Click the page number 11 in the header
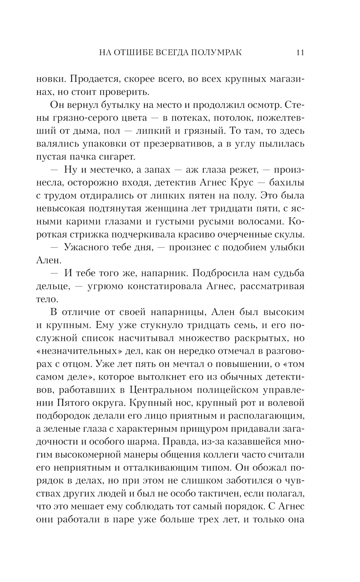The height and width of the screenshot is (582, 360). tap(300, 53)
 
